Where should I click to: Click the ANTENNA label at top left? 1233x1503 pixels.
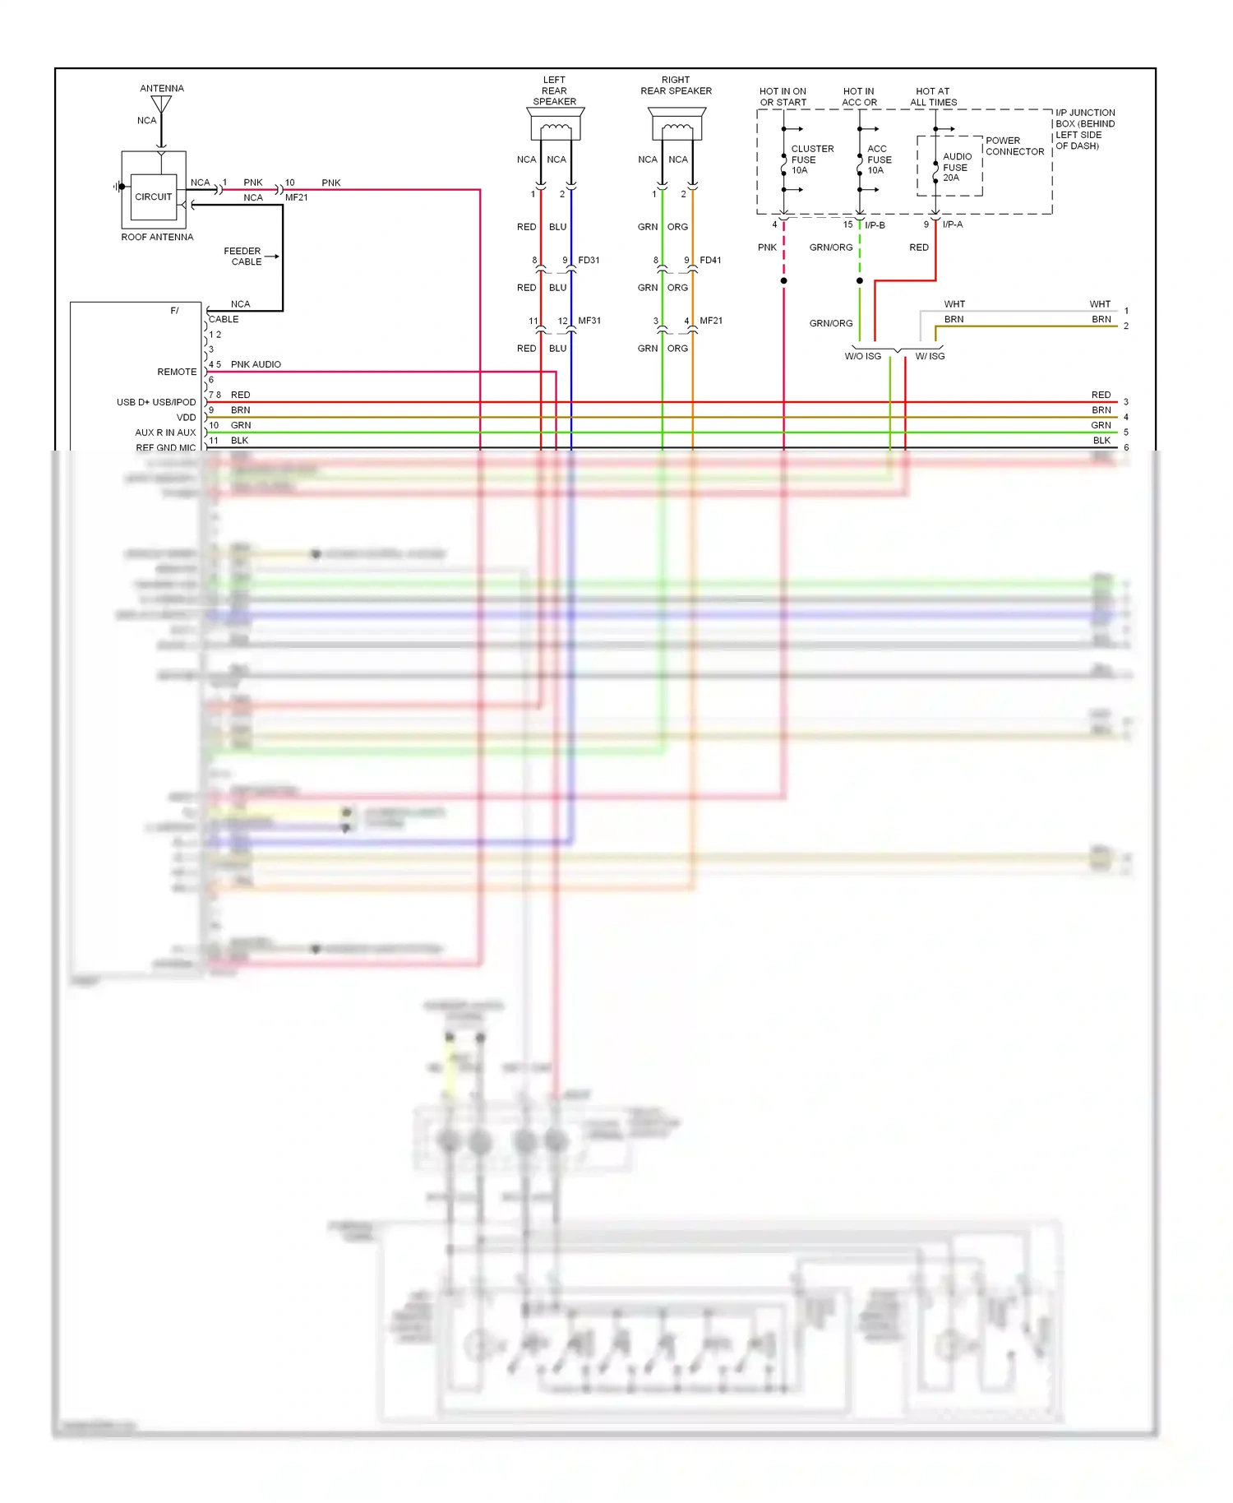(162, 88)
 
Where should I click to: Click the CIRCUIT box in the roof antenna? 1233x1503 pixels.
(154, 197)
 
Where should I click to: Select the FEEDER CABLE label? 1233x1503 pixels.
(242, 257)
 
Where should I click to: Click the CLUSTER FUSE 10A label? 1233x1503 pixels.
(811, 160)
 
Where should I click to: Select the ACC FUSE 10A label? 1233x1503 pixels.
(879, 160)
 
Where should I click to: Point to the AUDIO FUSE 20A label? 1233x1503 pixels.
(956, 167)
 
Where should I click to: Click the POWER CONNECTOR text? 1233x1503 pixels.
(1014, 146)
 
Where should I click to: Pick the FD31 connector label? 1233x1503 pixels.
(589, 260)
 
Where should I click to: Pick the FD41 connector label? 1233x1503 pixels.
(710, 260)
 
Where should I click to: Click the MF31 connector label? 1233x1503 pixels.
(589, 321)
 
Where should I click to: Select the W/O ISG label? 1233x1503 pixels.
(862, 356)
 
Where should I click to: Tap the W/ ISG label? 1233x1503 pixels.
(930, 356)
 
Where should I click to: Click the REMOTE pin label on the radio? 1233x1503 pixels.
(177, 372)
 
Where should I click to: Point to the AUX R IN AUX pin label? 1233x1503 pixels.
(165, 432)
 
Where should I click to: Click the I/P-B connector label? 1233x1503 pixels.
(875, 224)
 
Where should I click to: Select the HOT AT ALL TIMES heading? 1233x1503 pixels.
(933, 97)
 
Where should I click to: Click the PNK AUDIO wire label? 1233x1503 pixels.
(256, 364)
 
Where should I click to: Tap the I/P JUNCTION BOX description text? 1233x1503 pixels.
(1084, 129)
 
